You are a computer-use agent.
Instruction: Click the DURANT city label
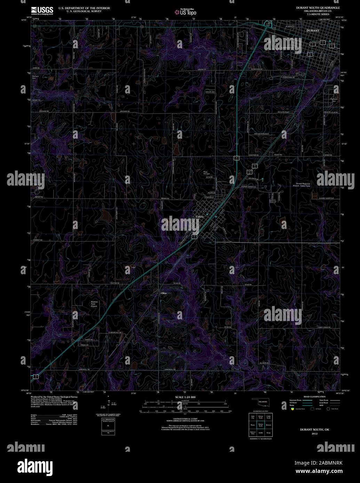point(313,31)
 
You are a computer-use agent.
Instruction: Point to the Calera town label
point(200,216)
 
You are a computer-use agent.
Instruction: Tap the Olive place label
point(164,293)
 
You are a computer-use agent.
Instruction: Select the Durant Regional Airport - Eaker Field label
point(303,185)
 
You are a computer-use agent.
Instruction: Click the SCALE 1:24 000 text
point(185,397)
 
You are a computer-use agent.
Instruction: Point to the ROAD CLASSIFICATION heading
point(314,396)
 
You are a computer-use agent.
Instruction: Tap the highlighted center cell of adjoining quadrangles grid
point(261,425)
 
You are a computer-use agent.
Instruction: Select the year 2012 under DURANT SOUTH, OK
point(314,434)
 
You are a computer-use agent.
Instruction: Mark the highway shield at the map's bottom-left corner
point(36,376)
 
